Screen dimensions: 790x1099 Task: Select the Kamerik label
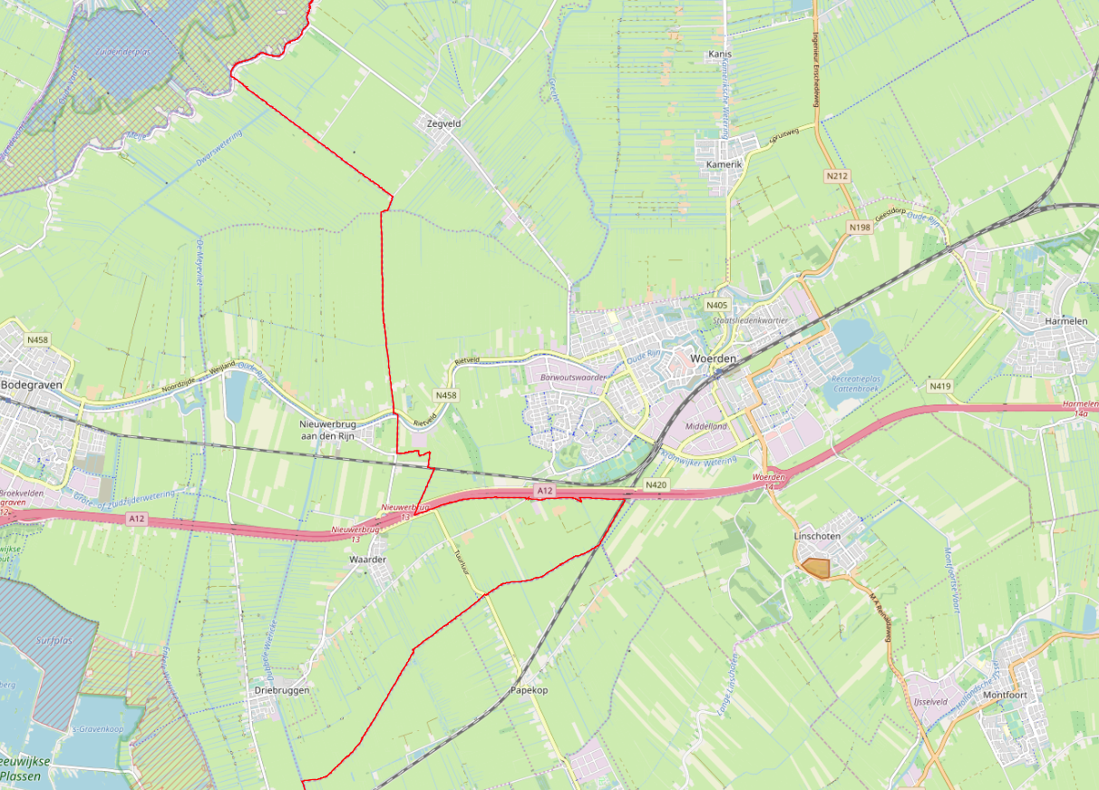[724, 165]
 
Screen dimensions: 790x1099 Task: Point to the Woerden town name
[713, 359]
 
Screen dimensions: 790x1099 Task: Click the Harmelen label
[1065, 321]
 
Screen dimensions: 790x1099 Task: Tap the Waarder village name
[367, 560]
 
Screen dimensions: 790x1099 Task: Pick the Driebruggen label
[282, 690]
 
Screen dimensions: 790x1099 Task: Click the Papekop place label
[529, 690]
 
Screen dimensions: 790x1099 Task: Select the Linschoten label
[817, 537]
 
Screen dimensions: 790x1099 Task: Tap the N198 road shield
[860, 226]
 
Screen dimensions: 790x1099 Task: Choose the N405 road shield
[717, 306]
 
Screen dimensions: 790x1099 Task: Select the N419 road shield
[940, 386]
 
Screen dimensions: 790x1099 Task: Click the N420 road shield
[656, 486]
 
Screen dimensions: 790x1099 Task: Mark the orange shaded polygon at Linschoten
[817, 568]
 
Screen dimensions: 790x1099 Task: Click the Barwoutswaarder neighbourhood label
[571, 375]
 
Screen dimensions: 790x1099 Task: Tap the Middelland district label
[706, 425]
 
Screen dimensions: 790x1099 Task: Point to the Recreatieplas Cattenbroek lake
[852, 337]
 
